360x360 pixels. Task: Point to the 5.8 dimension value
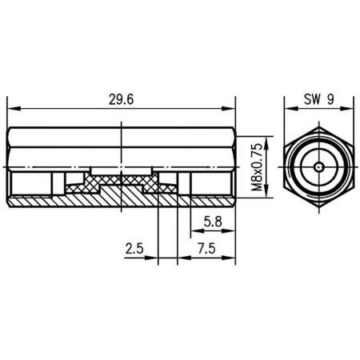(212, 221)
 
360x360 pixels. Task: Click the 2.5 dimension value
(135, 249)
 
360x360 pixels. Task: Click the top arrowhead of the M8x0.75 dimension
(266, 131)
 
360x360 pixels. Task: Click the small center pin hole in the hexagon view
(318, 166)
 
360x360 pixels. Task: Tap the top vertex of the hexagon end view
(318, 126)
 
